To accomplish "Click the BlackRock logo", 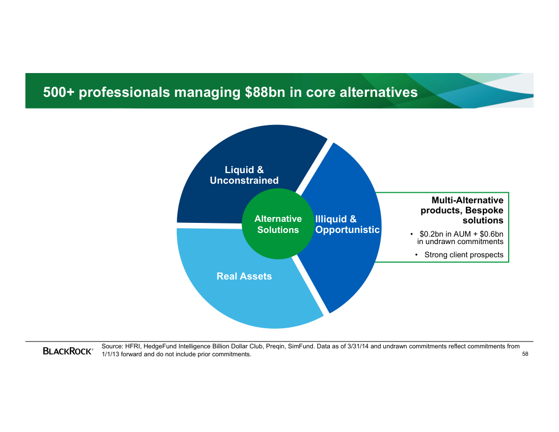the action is pyautogui.click(x=68, y=351).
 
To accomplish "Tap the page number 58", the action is pyautogui.click(x=525, y=354).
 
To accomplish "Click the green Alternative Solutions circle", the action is pyautogui.click(x=278, y=224).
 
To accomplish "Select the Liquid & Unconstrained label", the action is pyautogui.click(x=244, y=175).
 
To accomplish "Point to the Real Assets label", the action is pyautogui.click(x=244, y=276).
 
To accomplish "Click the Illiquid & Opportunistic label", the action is pyautogui.click(x=348, y=224).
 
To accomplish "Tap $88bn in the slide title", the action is pyautogui.click(x=265, y=92).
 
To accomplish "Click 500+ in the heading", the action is pyautogui.click(x=59, y=92).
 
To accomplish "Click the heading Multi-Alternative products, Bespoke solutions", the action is pyautogui.click(x=462, y=210).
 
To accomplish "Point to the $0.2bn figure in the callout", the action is pyautogui.click(x=431, y=234).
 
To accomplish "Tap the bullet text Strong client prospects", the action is pyautogui.click(x=464, y=255).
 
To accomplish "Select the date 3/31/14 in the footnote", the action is pyautogui.click(x=358, y=346).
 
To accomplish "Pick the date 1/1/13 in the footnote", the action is pyautogui.click(x=111, y=354).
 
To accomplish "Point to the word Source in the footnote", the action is pyautogui.click(x=112, y=346).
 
